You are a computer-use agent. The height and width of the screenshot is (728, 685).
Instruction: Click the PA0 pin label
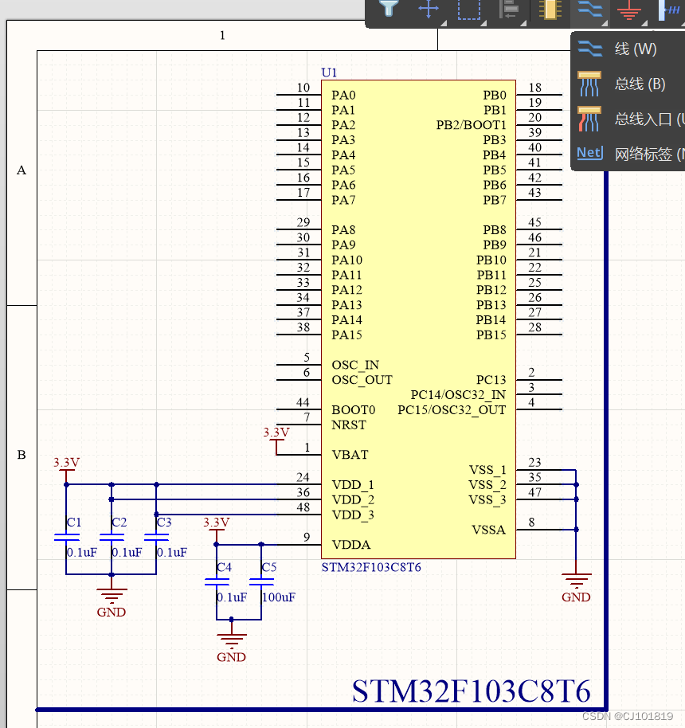coord(343,96)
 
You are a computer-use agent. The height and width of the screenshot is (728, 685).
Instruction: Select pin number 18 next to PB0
coord(535,88)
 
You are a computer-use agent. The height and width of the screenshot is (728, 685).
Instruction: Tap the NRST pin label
coord(349,425)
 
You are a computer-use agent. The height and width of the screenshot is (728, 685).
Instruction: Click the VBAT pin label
coord(350,455)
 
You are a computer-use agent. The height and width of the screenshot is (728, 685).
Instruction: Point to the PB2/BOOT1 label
coord(471,126)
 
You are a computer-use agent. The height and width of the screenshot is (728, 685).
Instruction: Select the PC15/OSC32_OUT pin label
coord(452,410)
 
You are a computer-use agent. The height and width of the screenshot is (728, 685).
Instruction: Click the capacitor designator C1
coord(74,523)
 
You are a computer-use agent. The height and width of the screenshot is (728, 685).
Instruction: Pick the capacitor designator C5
coord(269,567)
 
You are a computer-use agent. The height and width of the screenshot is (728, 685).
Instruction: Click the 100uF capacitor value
coord(279,597)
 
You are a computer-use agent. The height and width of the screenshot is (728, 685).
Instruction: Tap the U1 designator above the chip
coord(329,72)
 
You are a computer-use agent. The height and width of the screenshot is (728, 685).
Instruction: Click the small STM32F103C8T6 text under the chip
coord(371,568)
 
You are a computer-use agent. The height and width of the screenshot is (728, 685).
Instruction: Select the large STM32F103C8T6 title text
coord(472,691)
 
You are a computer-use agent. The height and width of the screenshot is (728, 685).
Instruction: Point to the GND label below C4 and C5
coord(232,657)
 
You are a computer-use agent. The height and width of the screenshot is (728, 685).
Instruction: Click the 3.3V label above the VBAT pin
coord(276,432)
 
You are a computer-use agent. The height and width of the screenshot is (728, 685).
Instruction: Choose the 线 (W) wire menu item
coord(635,49)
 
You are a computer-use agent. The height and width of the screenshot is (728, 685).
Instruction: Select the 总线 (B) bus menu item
coord(639,84)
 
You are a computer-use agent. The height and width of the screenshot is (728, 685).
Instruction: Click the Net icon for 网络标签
coord(589,153)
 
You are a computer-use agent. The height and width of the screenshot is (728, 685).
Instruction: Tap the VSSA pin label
coord(488,530)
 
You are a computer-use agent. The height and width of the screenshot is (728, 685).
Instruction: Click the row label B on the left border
coord(22,455)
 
